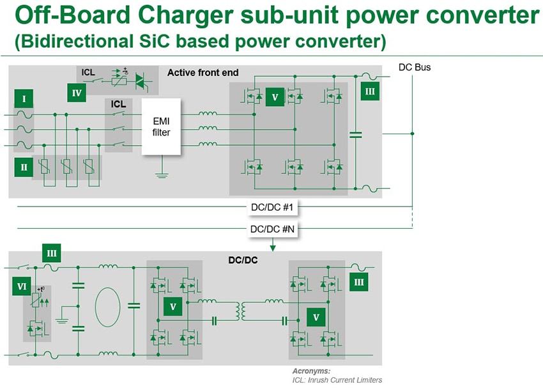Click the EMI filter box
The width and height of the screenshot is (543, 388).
(x=162, y=126)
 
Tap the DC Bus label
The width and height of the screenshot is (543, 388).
(x=414, y=67)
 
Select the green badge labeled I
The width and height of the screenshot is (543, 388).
(x=24, y=99)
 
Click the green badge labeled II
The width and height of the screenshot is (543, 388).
(x=24, y=167)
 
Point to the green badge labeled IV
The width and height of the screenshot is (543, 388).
(x=76, y=92)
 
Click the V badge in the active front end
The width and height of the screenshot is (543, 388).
(x=275, y=98)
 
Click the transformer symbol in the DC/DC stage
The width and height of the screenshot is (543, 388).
(x=241, y=311)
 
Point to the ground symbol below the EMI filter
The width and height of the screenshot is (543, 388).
(x=162, y=173)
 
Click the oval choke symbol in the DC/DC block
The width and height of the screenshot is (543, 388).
(x=107, y=307)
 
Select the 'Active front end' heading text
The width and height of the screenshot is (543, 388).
(x=203, y=72)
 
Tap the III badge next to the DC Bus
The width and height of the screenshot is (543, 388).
(x=369, y=91)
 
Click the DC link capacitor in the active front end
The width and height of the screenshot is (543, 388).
(x=356, y=135)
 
